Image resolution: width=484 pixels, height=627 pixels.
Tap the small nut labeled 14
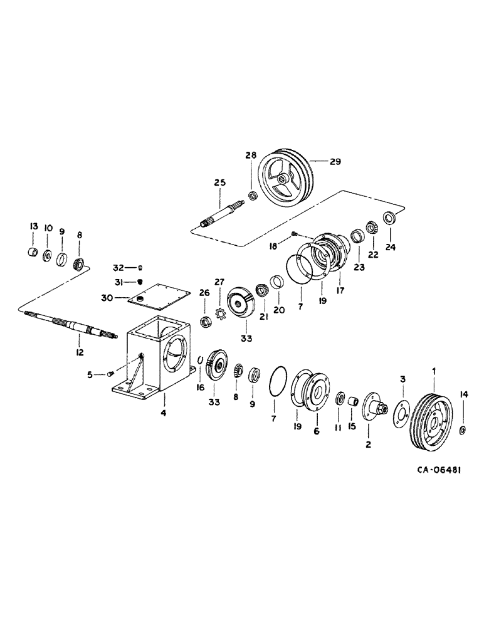click(463, 429)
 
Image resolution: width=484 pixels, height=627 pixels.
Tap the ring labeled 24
click(389, 218)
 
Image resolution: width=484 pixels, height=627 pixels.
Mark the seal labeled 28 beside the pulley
click(252, 196)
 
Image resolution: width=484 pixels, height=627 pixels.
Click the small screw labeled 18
click(293, 234)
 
